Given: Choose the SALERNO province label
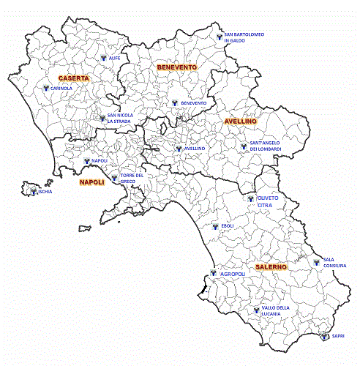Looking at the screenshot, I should [x=271, y=268].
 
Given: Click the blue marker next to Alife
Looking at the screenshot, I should [x=103, y=56].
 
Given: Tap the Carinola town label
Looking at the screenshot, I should [x=60, y=88].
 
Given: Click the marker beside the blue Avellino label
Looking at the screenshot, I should [x=178, y=147].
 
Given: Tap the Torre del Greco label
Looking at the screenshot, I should [x=132, y=179].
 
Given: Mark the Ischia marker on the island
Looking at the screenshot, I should [x=34, y=192].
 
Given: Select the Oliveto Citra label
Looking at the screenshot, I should [x=269, y=202].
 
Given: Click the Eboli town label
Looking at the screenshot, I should [x=227, y=225].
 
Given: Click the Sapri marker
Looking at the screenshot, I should [x=326, y=336].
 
